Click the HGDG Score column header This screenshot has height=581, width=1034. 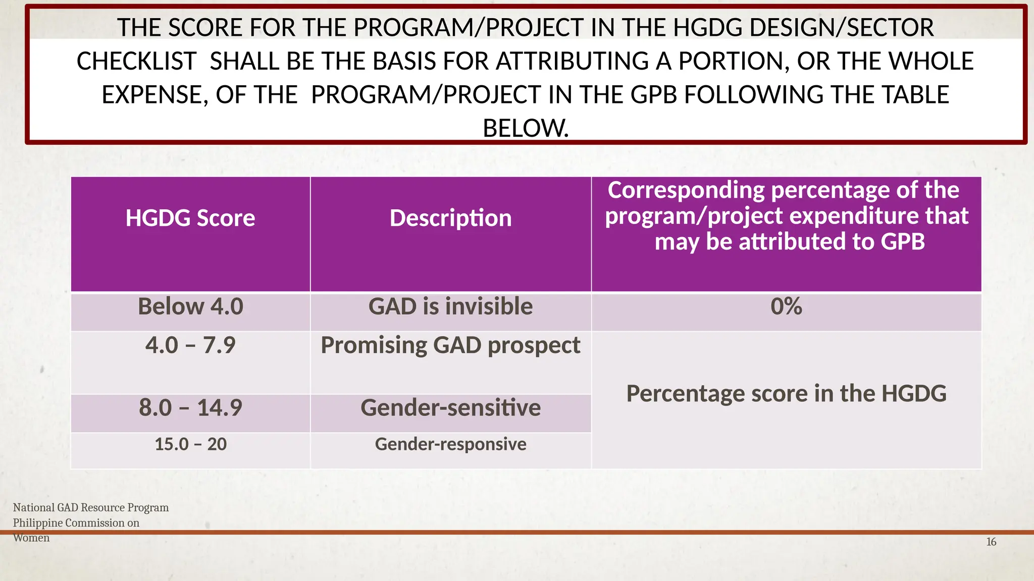[x=190, y=218]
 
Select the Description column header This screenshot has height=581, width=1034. [x=450, y=218]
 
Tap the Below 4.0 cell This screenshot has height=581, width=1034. [x=190, y=307]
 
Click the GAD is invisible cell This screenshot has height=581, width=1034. [x=450, y=307]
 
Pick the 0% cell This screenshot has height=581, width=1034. [x=786, y=307]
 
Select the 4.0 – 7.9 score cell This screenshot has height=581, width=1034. [x=190, y=345]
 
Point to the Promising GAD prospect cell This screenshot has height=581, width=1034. [x=450, y=345]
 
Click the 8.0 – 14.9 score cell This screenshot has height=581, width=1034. [x=190, y=408]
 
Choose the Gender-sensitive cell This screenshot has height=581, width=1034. [x=450, y=408]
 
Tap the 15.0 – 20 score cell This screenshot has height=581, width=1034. [x=190, y=444]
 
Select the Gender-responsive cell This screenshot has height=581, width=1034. [x=450, y=444]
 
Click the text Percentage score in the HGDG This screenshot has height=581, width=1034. [x=786, y=393]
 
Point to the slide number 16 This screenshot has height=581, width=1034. [x=991, y=542]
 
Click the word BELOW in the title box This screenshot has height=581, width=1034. [x=525, y=128]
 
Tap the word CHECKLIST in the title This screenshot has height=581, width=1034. [x=136, y=62]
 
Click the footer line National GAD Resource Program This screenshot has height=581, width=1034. [x=91, y=507]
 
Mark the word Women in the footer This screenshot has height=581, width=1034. [x=31, y=538]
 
